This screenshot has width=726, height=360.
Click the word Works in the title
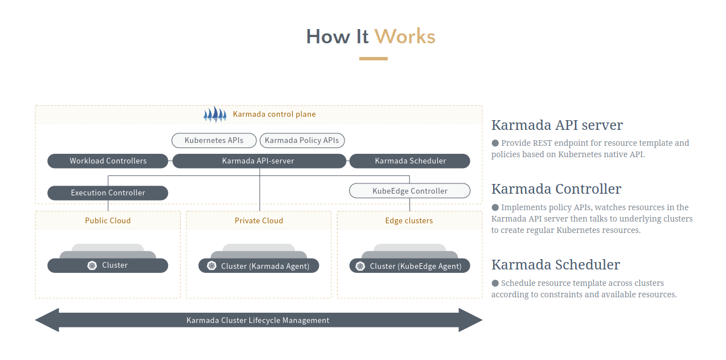(405, 37)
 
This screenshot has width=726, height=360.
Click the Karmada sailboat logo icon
(215, 114)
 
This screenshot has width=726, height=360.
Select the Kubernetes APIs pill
(214, 140)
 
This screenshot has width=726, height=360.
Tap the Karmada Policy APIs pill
(302, 140)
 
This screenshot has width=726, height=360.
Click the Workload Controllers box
(108, 161)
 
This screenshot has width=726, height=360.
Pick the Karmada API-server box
(259, 161)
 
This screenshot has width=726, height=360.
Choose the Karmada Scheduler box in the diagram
(410, 161)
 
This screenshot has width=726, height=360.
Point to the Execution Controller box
(108, 193)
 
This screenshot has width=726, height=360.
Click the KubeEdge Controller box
(409, 191)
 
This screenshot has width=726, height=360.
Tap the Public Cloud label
(108, 220)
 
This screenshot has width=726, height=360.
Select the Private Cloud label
(259, 220)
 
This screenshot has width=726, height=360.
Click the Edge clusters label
(409, 220)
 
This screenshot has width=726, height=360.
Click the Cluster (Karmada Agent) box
(259, 266)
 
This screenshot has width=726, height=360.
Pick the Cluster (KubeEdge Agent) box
(409, 266)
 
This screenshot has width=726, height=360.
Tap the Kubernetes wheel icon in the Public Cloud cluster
(92, 265)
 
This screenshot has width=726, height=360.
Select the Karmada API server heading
(557, 125)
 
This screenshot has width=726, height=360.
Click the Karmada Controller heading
(556, 189)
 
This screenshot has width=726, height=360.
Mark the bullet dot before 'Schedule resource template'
(495, 283)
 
